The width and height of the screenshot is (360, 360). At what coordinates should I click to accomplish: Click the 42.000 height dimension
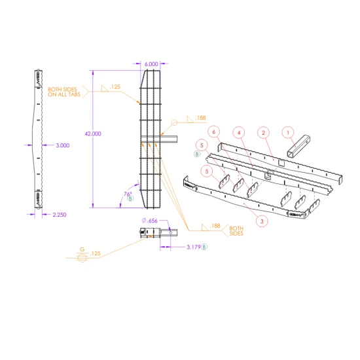93,134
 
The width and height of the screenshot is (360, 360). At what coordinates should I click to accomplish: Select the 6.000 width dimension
151,63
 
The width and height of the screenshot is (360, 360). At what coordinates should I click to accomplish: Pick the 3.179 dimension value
192,247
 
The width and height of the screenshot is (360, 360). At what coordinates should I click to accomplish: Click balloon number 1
287,132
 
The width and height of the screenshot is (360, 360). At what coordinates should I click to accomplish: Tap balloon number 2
262,133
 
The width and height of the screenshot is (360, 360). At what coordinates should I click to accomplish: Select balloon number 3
262,221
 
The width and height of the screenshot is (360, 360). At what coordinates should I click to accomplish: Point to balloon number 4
240,133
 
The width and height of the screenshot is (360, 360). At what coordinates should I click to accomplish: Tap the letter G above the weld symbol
82,249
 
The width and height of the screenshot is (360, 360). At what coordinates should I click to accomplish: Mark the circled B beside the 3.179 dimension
204,247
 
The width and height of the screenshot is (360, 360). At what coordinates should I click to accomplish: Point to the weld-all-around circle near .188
175,122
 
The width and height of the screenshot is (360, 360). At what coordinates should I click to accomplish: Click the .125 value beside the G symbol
96,253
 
